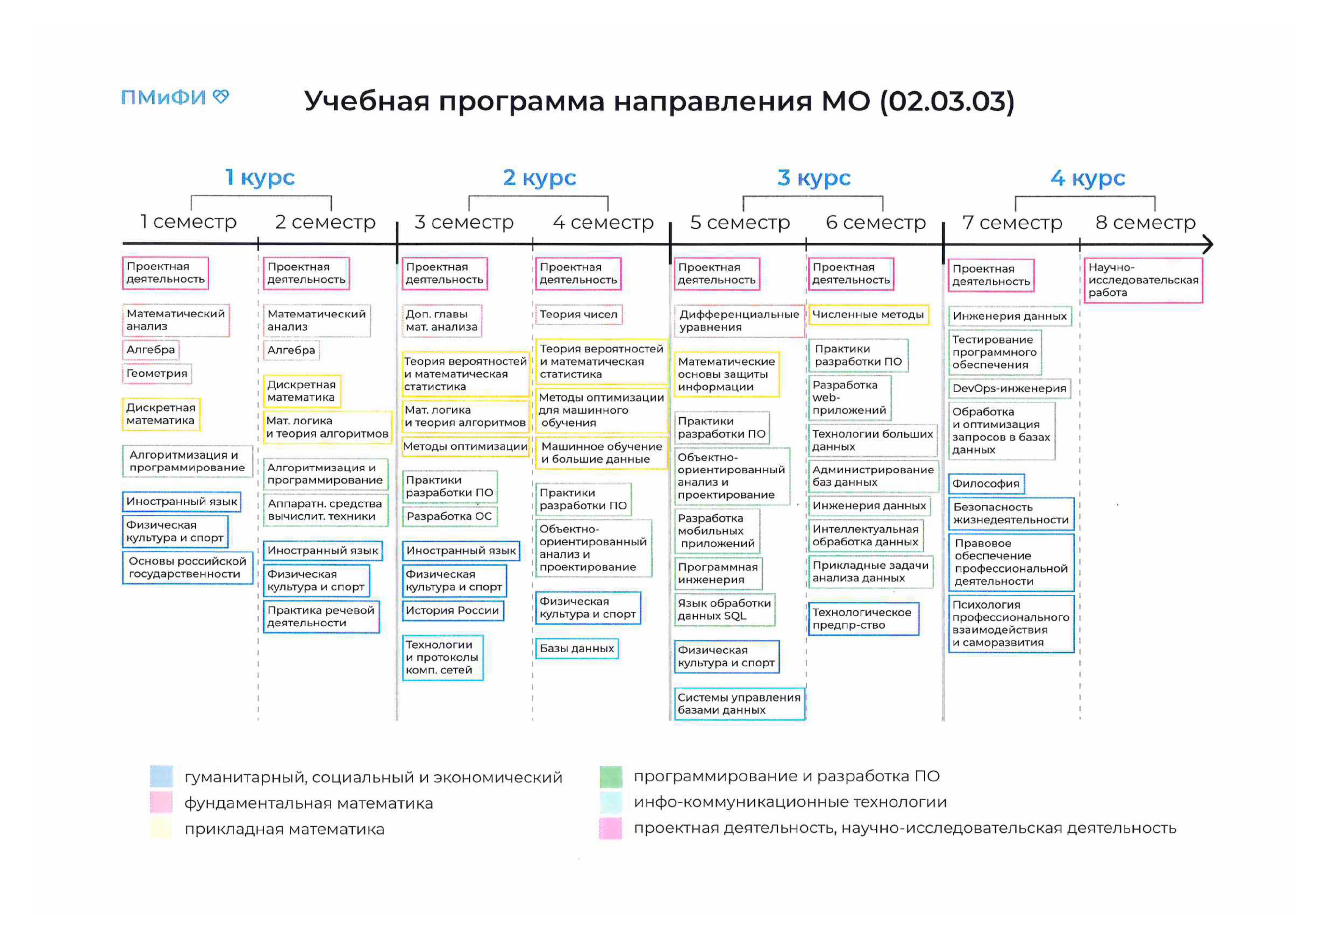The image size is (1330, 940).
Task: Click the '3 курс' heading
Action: point(814,178)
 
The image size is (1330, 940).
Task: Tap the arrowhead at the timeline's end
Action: point(1208,244)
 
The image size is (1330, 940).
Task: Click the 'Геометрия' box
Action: point(157,374)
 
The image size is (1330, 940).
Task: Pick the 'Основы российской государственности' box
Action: point(187,567)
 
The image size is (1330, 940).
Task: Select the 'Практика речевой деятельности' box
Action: point(321,617)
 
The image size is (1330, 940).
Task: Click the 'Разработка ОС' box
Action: point(450,516)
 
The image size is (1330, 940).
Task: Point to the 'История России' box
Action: point(453,611)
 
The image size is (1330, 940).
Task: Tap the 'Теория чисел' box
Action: point(579,315)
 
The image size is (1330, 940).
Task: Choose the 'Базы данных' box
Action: point(577,649)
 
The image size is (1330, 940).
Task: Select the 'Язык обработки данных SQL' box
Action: point(725,609)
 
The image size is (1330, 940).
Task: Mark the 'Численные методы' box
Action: point(868,315)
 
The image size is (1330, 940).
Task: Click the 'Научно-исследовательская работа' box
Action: point(1144,280)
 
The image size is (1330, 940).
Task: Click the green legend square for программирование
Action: point(611,777)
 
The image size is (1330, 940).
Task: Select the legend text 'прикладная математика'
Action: point(284,829)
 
